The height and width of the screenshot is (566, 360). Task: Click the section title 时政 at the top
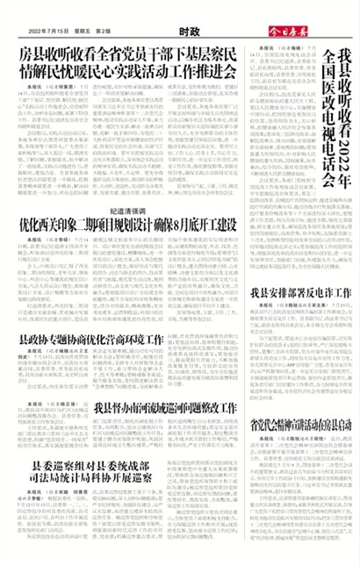click(179, 31)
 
